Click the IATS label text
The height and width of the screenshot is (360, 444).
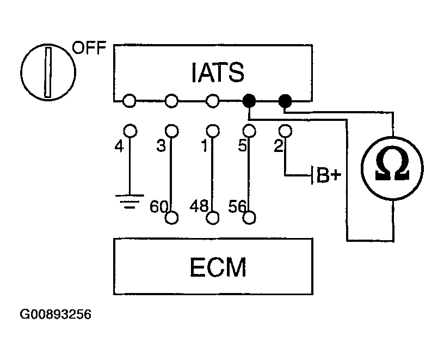217,72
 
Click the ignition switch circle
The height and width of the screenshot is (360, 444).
48,72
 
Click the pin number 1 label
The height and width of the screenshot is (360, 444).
204,148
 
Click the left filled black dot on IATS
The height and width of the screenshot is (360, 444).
249,101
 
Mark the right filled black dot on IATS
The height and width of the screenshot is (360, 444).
285,101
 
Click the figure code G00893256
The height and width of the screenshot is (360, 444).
55,315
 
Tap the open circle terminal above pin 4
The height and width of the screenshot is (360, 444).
129,131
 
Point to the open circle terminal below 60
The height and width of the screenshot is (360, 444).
172,218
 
